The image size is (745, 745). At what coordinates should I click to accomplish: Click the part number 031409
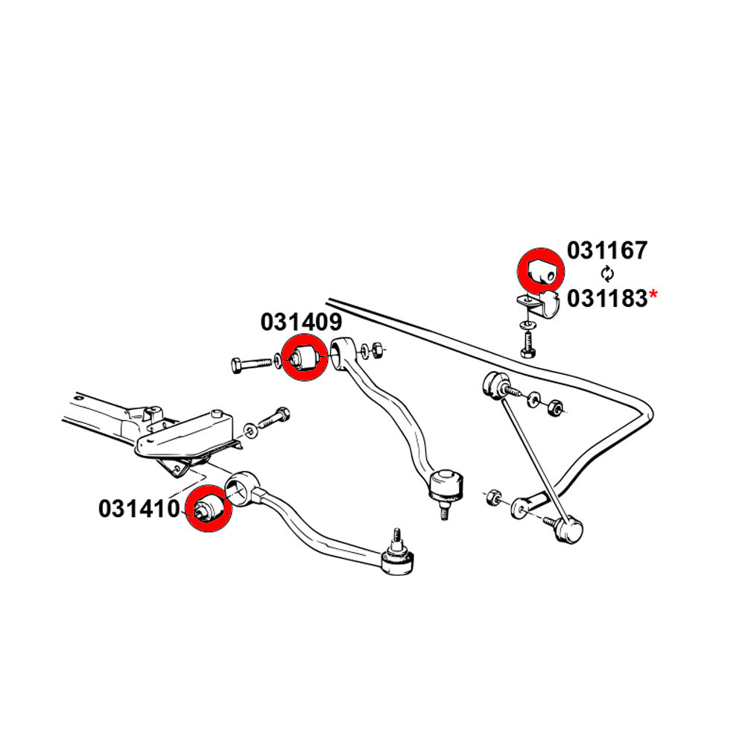coord(301,322)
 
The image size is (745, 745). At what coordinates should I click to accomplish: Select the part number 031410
coord(139,509)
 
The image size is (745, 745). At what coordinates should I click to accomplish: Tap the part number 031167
coord(607,250)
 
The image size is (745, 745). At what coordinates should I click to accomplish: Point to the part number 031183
coord(607,298)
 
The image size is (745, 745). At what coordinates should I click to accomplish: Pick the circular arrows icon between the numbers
coord(607,273)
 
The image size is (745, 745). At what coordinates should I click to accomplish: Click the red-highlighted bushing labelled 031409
coord(303,358)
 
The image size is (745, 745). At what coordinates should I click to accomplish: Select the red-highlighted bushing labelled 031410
coord(205,509)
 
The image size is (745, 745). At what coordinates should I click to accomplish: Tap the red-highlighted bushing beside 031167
coord(541,271)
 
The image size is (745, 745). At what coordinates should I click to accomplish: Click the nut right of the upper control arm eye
coord(377,349)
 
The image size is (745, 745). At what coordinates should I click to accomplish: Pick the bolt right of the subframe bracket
coord(271,421)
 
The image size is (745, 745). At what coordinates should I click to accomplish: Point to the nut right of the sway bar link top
coord(554,408)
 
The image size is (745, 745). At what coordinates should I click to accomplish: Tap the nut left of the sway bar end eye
coord(492,497)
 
